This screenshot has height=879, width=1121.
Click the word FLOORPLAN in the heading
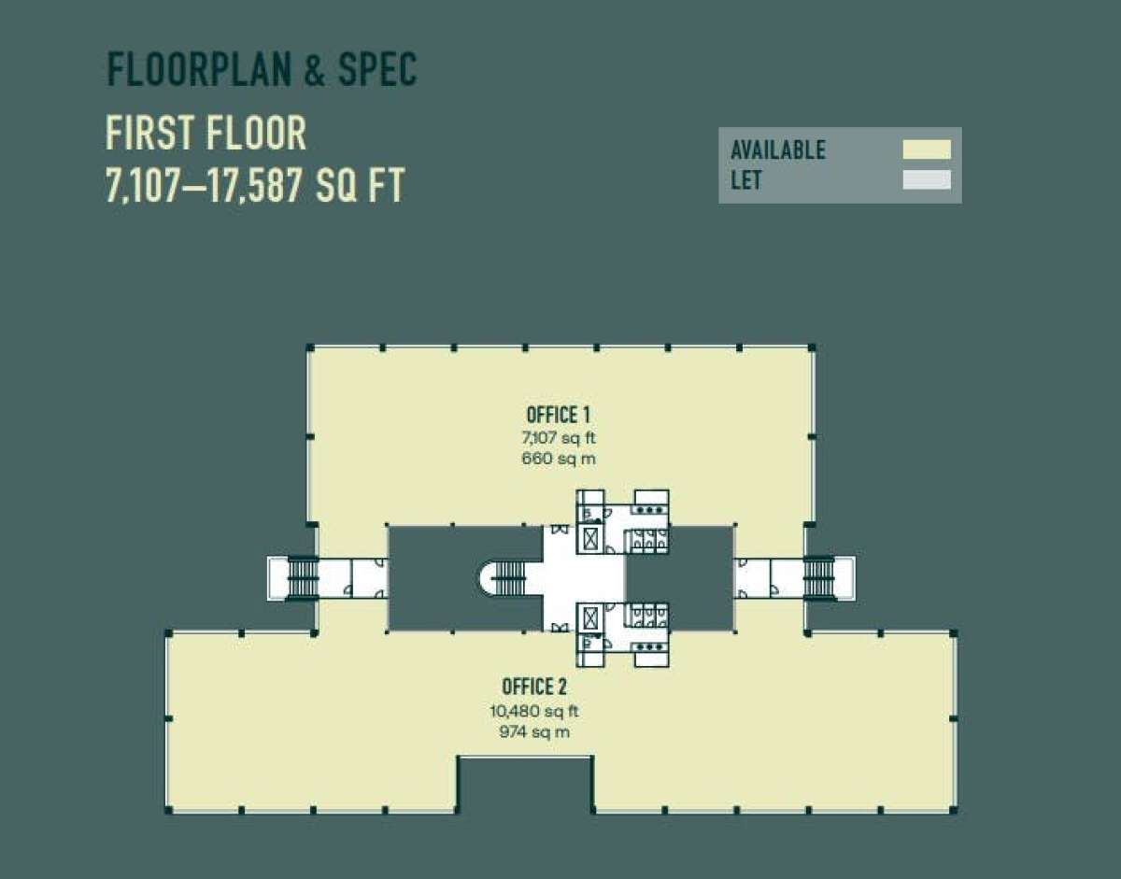pos(200,70)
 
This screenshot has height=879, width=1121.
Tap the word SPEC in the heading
pos(377,70)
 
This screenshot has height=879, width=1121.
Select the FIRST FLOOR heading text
pos(206,133)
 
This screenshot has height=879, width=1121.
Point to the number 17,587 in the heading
pos(256,185)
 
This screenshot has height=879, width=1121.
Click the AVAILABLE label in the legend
pos(778,150)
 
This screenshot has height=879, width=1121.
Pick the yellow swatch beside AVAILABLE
pos(927,149)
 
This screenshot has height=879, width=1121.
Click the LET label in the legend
pos(746,180)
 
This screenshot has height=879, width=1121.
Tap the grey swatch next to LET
pos(927,179)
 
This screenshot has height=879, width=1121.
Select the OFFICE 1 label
pos(559,416)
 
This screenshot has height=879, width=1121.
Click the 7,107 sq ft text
pos(559,438)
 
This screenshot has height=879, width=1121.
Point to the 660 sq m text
pos(559,459)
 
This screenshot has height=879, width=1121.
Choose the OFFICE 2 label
pos(534,687)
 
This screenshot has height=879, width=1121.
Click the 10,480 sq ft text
pos(534,712)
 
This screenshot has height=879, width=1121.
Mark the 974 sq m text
pos(534,732)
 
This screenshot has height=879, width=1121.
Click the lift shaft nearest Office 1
pos(591,540)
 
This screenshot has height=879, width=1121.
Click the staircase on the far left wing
pos(303,578)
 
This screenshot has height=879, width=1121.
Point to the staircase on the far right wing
pos(818,578)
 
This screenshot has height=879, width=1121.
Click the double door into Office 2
pos(560,628)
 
